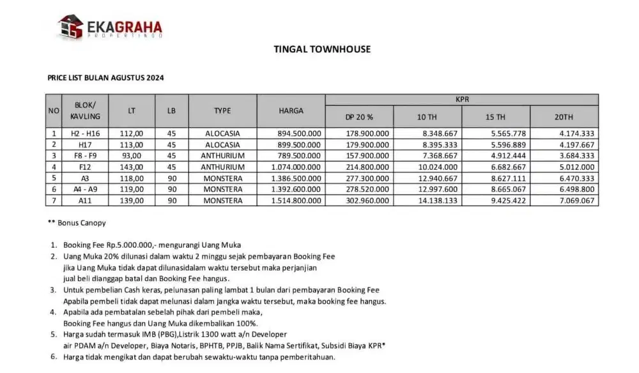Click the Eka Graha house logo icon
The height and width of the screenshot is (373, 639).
click(x=71, y=27)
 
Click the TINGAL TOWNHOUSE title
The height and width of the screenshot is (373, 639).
click(x=322, y=49)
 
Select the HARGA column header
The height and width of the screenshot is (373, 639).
click(x=291, y=110)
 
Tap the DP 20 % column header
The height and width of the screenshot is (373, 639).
click(x=358, y=117)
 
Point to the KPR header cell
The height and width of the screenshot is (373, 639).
click(x=462, y=100)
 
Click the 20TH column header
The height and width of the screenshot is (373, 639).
click(x=564, y=117)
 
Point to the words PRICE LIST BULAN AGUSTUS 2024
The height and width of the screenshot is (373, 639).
click(x=106, y=78)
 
